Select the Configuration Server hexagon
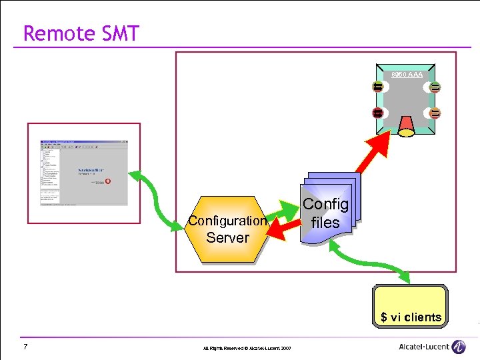pyautogui.click(x=227, y=229)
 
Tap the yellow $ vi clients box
pyautogui.click(x=411, y=307)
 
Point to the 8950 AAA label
pyautogui.click(x=407, y=75)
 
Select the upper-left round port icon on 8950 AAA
pyautogui.click(x=377, y=87)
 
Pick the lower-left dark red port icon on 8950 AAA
pyautogui.click(x=377, y=112)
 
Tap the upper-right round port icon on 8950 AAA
pyautogui.click(x=435, y=87)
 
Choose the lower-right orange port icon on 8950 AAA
pyautogui.click(x=435, y=112)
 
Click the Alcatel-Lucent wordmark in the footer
pyautogui.click(x=423, y=347)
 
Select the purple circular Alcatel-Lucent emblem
pyautogui.click(x=459, y=347)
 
